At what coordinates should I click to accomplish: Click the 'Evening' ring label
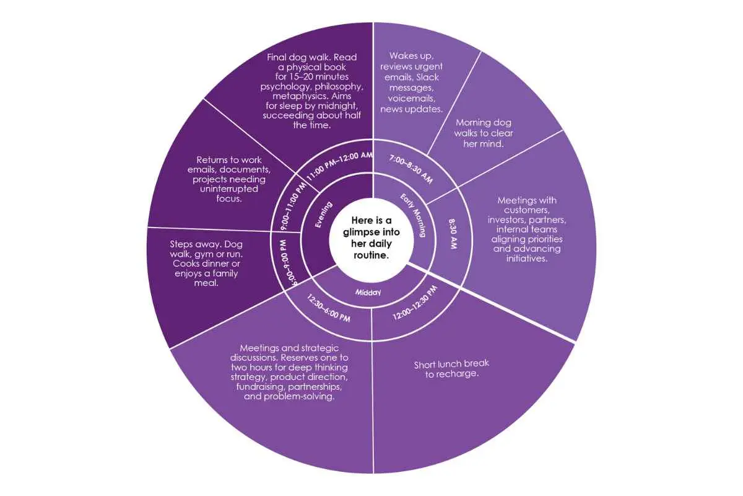[323, 215]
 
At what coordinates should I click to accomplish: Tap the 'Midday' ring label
[368, 293]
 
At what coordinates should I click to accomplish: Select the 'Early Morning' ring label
[413, 215]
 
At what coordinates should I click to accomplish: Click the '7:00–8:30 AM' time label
[411, 169]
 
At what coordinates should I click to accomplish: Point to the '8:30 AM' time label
[453, 234]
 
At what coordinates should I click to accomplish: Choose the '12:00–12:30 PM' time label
[415, 303]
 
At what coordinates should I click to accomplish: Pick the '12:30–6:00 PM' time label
[328, 308]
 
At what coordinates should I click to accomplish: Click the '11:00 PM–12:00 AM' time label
[339, 166]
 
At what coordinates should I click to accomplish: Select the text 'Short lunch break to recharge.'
[451, 369]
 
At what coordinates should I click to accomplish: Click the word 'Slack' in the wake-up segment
[428, 77]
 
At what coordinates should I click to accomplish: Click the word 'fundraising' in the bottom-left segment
[261, 387]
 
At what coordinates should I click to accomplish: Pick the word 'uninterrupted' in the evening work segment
[229, 188]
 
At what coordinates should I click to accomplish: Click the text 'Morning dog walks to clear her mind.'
[484, 133]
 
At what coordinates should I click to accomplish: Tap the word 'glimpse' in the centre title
[360, 232]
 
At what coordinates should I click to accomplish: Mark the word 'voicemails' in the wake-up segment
[412, 99]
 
